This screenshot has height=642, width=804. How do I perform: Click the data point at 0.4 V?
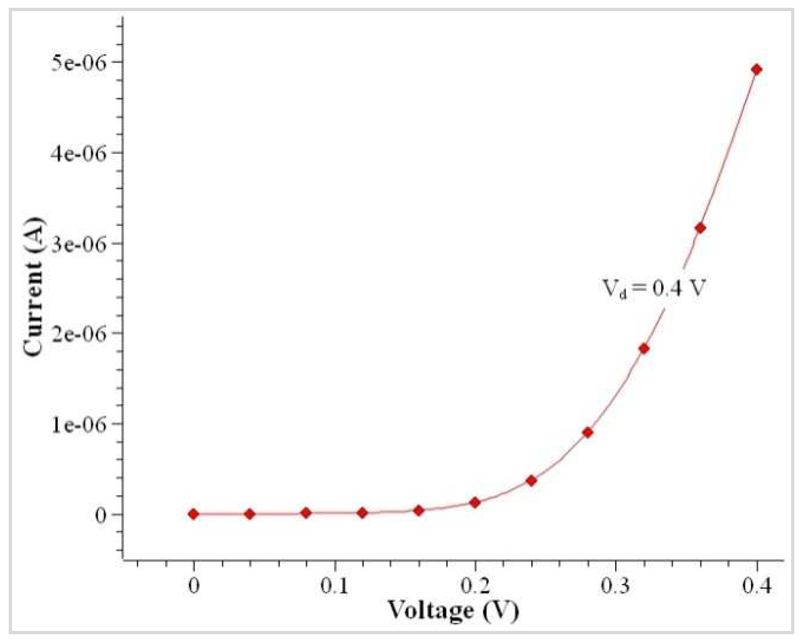[x=756, y=70]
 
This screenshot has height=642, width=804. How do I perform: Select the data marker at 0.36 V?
[x=700, y=228]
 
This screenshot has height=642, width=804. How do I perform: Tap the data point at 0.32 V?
[x=644, y=349]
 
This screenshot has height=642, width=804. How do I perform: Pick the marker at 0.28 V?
[x=587, y=433]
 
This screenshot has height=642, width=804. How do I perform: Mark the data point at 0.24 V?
[x=531, y=481]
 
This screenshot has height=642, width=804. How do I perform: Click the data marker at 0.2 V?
[x=475, y=502]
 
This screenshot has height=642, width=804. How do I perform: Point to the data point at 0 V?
[x=193, y=514]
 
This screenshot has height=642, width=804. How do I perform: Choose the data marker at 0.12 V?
[x=362, y=512]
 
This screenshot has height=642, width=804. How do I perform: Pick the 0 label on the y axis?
[x=101, y=515]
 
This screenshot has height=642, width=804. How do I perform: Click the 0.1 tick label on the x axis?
[x=335, y=586]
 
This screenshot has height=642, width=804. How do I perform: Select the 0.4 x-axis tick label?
[x=756, y=586]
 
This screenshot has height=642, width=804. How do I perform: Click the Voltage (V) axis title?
[x=453, y=611]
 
